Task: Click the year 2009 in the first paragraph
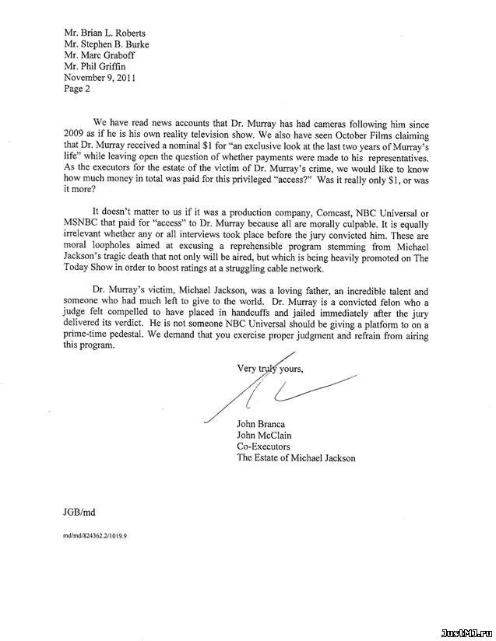point(72,134)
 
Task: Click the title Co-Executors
point(263,447)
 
